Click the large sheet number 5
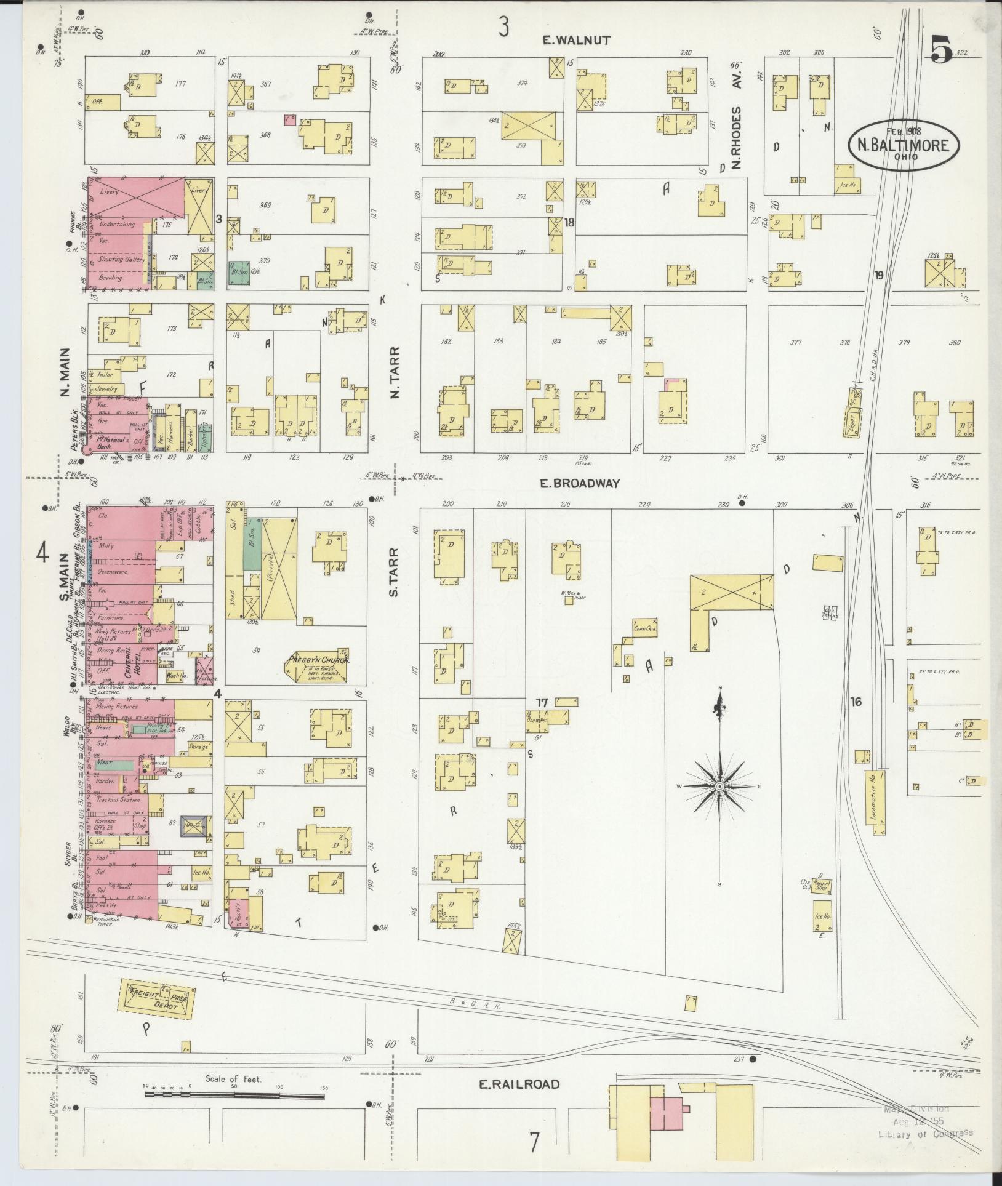940,49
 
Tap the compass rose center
719,787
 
